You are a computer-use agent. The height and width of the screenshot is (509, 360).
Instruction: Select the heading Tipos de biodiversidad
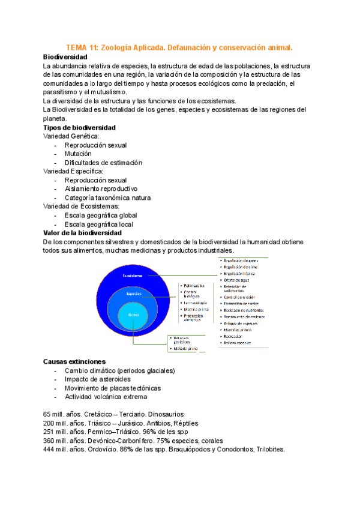tap(80, 128)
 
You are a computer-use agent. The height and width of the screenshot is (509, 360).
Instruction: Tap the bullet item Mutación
tap(78, 154)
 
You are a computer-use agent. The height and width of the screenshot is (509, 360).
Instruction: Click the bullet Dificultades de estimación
tap(103, 163)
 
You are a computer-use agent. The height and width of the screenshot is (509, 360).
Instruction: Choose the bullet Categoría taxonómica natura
tap(107, 197)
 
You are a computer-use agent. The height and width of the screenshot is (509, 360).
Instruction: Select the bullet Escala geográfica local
tap(99, 224)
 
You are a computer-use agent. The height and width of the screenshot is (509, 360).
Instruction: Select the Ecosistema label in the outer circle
tap(132, 276)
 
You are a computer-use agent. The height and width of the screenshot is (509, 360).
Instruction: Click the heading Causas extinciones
tap(74, 362)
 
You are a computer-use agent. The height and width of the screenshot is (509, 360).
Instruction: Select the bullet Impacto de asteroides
tap(97, 379)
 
